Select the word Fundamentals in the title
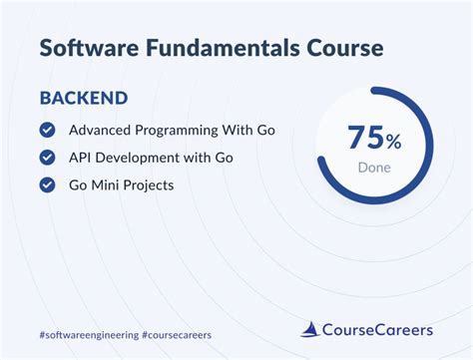tap(219, 48)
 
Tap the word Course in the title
tap(338, 48)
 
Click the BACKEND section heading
tap(82, 100)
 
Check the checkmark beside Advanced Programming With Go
tap(46, 131)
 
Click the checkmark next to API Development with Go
tap(46, 158)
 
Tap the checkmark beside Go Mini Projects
tap(46, 184)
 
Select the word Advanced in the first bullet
tap(102, 131)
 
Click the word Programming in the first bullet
tap(186, 131)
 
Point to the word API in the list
tap(82, 158)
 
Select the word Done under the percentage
tap(374, 168)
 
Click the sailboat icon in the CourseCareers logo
tap(311, 328)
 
